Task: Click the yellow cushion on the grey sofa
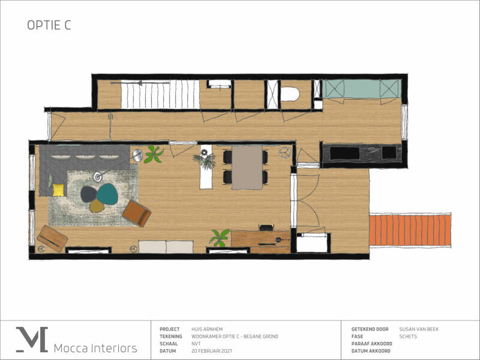tap(58, 190)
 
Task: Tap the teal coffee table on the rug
tap(107, 194)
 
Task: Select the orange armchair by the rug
tap(137, 214)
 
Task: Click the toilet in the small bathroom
tap(290, 94)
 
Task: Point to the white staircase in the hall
tap(160, 94)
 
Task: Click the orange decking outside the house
tap(410, 230)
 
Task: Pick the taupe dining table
tap(247, 167)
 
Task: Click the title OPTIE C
tap(49, 25)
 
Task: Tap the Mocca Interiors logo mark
tap(32, 340)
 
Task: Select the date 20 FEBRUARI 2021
tap(212, 351)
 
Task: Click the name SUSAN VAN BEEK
tap(419, 329)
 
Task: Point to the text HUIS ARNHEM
tap(207, 329)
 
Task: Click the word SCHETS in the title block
tap(408, 337)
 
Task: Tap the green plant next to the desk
tap(220, 237)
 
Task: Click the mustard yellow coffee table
tap(97, 206)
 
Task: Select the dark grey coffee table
tap(89, 194)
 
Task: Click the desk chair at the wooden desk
tap(266, 228)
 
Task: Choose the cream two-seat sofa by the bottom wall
tap(166, 247)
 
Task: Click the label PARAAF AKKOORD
tap(371, 344)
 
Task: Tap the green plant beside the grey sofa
tap(154, 154)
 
